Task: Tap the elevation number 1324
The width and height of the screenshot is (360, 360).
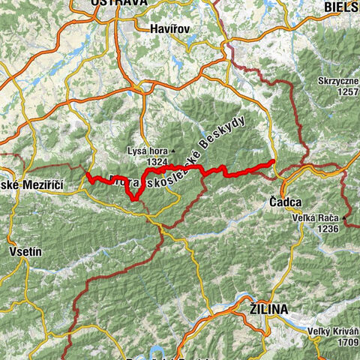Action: point(158,160)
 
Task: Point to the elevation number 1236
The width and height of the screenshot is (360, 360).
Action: point(328,228)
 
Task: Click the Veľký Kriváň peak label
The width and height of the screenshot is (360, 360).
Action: point(333,331)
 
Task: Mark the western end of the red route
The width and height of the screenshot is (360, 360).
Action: point(88,176)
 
